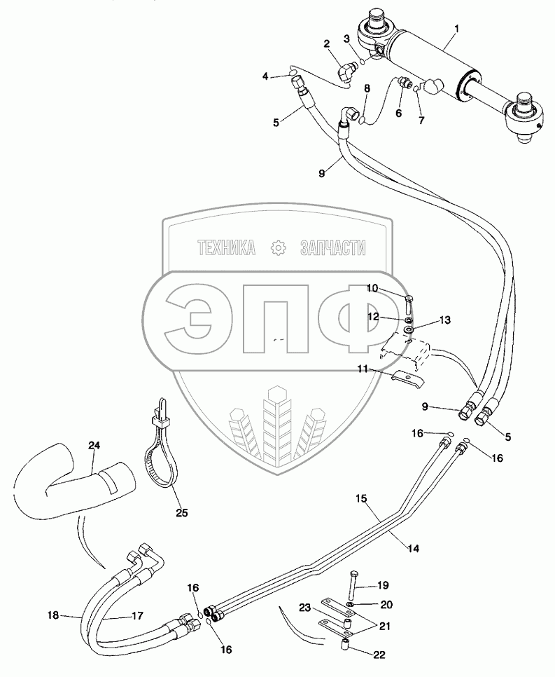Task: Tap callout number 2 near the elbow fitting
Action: pyautogui.click(x=327, y=44)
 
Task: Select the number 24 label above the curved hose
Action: pyautogui.click(x=94, y=444)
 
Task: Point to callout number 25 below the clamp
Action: pyautogui.click(x=181, y=512)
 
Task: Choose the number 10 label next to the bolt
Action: pyautogui.click(x=372, y=288)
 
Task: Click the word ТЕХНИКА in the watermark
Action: pyautogui.click(x=226, y=247)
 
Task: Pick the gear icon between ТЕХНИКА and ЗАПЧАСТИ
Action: pyautogui.click(x=279, y=247)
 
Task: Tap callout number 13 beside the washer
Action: pyautogui.click(x=444, y=320)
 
